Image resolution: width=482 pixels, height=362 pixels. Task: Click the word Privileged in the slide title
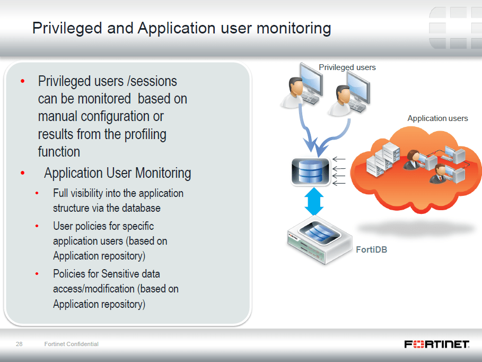67,28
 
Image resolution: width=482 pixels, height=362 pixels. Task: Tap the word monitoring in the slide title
294,28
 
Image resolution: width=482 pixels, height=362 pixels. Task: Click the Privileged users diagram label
347,67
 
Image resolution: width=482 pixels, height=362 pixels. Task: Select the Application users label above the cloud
437,118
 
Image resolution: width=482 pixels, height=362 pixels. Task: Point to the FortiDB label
371,249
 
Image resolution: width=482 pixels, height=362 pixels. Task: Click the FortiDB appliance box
320,240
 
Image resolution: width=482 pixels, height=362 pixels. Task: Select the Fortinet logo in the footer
437,344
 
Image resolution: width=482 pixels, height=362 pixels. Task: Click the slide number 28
19,344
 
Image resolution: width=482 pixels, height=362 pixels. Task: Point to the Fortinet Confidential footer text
71,344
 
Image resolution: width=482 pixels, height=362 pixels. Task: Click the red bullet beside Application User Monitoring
22,173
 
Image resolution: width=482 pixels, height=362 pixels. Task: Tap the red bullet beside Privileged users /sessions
22,81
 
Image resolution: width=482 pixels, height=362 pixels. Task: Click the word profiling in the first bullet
145,134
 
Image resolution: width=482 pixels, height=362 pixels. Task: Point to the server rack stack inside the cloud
383,159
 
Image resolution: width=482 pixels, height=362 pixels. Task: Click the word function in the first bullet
59,152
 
